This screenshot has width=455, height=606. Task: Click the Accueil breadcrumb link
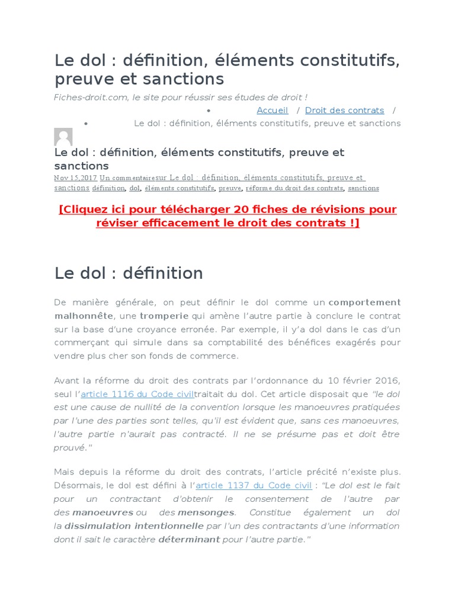click(272, 110)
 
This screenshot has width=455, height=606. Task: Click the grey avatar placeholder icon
click(63, 137)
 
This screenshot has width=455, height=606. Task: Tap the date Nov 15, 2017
click(75, 178)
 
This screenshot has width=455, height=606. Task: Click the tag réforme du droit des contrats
click(294, 188)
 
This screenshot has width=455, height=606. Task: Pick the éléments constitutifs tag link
click(180, 188)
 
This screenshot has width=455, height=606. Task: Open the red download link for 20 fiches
click(227, 216)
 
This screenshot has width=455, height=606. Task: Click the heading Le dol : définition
click(129, 273)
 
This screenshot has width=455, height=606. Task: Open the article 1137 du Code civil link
click(254, 485)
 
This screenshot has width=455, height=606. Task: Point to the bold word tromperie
click(164, 315)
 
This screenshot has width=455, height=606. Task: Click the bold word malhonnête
click(84, 315)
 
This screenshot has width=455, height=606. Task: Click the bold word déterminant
click(189, 539)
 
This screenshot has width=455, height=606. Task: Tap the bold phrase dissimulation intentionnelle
click(134, 526)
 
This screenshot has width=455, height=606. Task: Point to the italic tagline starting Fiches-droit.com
click(181, 97)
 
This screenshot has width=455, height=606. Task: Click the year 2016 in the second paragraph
click(388, 380)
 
